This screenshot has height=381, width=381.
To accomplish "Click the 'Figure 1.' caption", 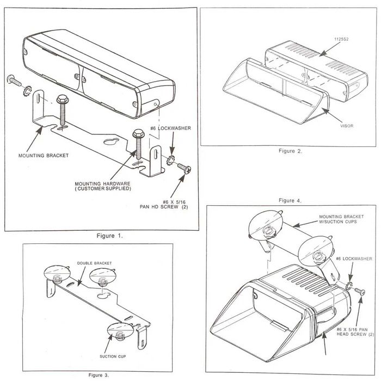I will point(109,236).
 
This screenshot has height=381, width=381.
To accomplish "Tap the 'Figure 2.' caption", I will point(290,151).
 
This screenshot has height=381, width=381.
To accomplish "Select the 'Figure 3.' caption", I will point(99,375).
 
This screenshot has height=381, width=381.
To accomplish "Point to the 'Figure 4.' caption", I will point(290,200).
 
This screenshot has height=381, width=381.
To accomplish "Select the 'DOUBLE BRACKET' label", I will point(94,263).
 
